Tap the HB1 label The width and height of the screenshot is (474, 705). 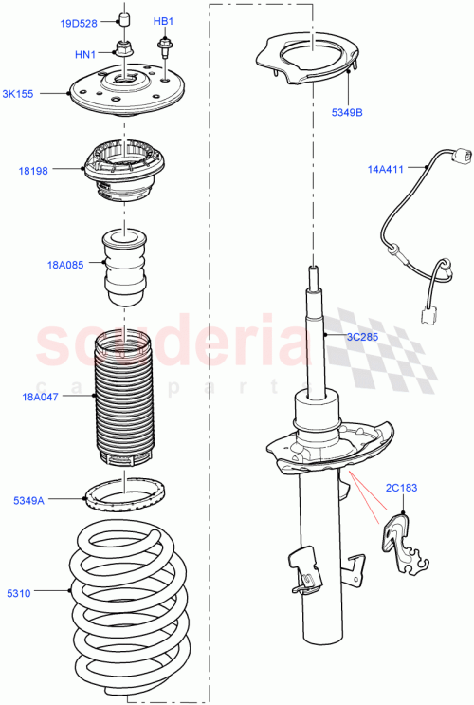163,21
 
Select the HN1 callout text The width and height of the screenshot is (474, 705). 84,55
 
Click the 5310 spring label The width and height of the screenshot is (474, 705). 18,595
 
